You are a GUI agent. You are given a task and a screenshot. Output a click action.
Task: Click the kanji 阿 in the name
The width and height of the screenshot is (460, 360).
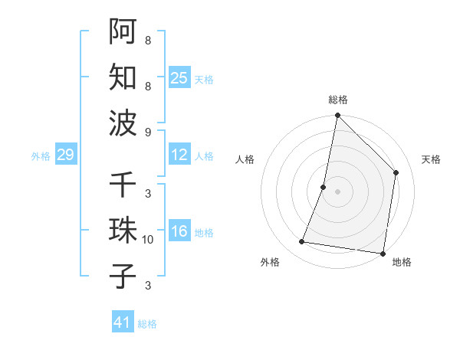[x=123, y=31]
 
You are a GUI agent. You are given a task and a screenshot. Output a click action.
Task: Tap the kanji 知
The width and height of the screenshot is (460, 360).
[x=123, y=77]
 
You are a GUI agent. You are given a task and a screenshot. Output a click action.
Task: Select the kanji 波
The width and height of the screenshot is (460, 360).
[x=123, y=123]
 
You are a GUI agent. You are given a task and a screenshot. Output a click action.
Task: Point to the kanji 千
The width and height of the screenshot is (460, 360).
[x=123, y=185]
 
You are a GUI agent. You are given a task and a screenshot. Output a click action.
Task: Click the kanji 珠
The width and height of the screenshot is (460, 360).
[x=123, y=231]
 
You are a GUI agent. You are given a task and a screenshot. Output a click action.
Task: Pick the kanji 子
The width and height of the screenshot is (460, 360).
[x=123, y=277]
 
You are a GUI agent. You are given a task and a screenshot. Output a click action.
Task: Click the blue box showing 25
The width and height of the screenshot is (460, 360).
[x=179, y=78]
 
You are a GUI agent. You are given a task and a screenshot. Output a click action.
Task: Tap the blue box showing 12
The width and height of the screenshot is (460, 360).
[x=179, y=155]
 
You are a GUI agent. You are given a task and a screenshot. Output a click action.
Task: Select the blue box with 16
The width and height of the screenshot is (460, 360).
[x=179, y=232]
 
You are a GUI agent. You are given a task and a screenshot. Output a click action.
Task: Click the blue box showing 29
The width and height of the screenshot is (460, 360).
[x=65, y=155]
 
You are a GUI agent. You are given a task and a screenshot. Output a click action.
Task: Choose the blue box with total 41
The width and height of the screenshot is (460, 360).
[x=123, y=322]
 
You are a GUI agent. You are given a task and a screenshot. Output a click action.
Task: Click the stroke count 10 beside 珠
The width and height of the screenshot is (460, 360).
[x=148, y=240]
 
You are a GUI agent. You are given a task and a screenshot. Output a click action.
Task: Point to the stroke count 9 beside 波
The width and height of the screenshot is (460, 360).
[x=148, y=132]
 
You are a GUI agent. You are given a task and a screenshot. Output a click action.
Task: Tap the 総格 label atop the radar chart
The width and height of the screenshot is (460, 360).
[x=338, y=100]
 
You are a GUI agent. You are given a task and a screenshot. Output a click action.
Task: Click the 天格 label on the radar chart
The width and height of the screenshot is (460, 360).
[x=431, y=159]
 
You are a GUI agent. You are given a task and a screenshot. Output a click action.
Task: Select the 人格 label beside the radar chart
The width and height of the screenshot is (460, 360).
[x=245, y=159]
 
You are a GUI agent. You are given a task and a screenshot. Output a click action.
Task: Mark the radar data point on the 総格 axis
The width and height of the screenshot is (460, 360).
[x=337, y=116]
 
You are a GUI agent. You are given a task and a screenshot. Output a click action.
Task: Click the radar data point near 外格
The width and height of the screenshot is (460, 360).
[x=302, y=242]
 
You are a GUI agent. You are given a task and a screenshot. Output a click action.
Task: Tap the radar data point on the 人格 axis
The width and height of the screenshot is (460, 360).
[x=324, y=187]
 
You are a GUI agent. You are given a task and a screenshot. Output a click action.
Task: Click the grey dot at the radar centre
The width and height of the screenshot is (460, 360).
[x=337, y=191]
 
